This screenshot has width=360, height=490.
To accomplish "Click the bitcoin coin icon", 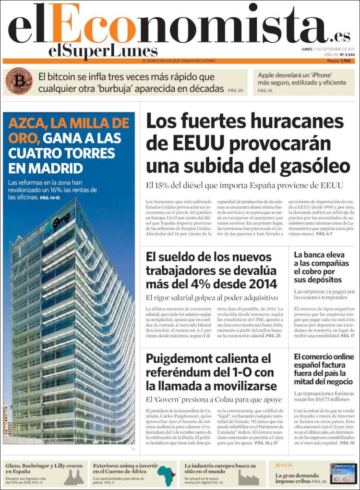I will click(x=19, y=81).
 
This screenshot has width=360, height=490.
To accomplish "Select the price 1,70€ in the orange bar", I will click(x=346, y=61).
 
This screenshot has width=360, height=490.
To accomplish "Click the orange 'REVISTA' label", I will click(x=284, y=465).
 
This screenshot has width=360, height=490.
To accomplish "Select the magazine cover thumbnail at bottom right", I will click(x=343, y=473).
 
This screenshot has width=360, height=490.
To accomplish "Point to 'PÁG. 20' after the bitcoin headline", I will click(x=235, y=90).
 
